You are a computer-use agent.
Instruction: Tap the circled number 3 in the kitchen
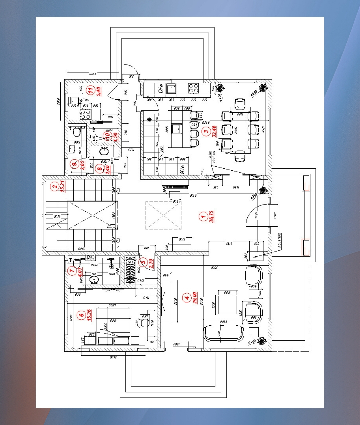click(207, 131)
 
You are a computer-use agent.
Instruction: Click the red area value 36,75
click(211, 216)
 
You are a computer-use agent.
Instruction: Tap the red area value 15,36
click(89, 315)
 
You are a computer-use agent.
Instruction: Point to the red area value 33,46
click(214, 131)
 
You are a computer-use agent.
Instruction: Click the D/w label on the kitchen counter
click(161, 89)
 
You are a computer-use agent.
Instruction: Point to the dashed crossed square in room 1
click(163, 215)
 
